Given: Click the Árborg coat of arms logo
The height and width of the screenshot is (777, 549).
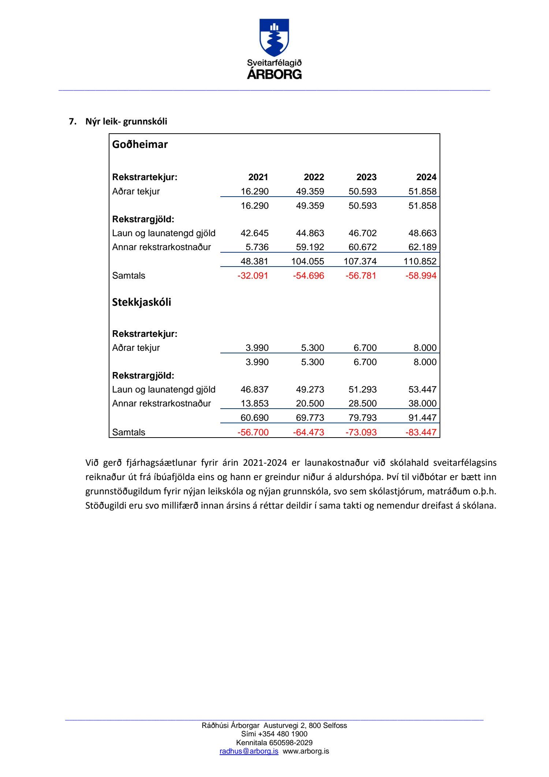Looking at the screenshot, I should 274,38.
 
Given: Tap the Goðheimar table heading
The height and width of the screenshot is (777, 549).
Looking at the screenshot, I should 140,144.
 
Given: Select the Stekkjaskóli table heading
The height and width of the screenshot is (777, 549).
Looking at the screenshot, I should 142,302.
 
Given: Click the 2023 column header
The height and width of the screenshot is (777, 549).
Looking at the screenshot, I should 366,177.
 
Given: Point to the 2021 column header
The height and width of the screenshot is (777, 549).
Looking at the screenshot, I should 258,177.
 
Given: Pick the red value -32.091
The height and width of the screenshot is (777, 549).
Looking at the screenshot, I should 253,276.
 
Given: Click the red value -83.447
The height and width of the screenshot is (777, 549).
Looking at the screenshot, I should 421,432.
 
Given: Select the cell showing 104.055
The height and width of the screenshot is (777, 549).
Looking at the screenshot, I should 307,261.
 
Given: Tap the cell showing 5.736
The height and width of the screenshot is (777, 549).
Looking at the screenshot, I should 257,247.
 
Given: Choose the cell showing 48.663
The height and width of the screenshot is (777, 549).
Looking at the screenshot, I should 422,233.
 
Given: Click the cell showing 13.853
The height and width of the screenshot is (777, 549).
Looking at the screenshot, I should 254,404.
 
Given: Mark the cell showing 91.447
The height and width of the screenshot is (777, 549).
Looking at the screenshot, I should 422,418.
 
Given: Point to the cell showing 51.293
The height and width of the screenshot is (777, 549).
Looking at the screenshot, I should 362,390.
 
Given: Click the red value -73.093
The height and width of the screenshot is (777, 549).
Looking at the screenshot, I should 361,432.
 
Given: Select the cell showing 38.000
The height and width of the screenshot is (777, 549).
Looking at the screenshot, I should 422,404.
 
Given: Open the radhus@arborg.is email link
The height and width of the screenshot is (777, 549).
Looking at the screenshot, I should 249,751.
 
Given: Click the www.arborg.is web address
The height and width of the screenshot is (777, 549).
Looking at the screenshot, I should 306,751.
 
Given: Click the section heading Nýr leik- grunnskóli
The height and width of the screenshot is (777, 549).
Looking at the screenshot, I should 126,122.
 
